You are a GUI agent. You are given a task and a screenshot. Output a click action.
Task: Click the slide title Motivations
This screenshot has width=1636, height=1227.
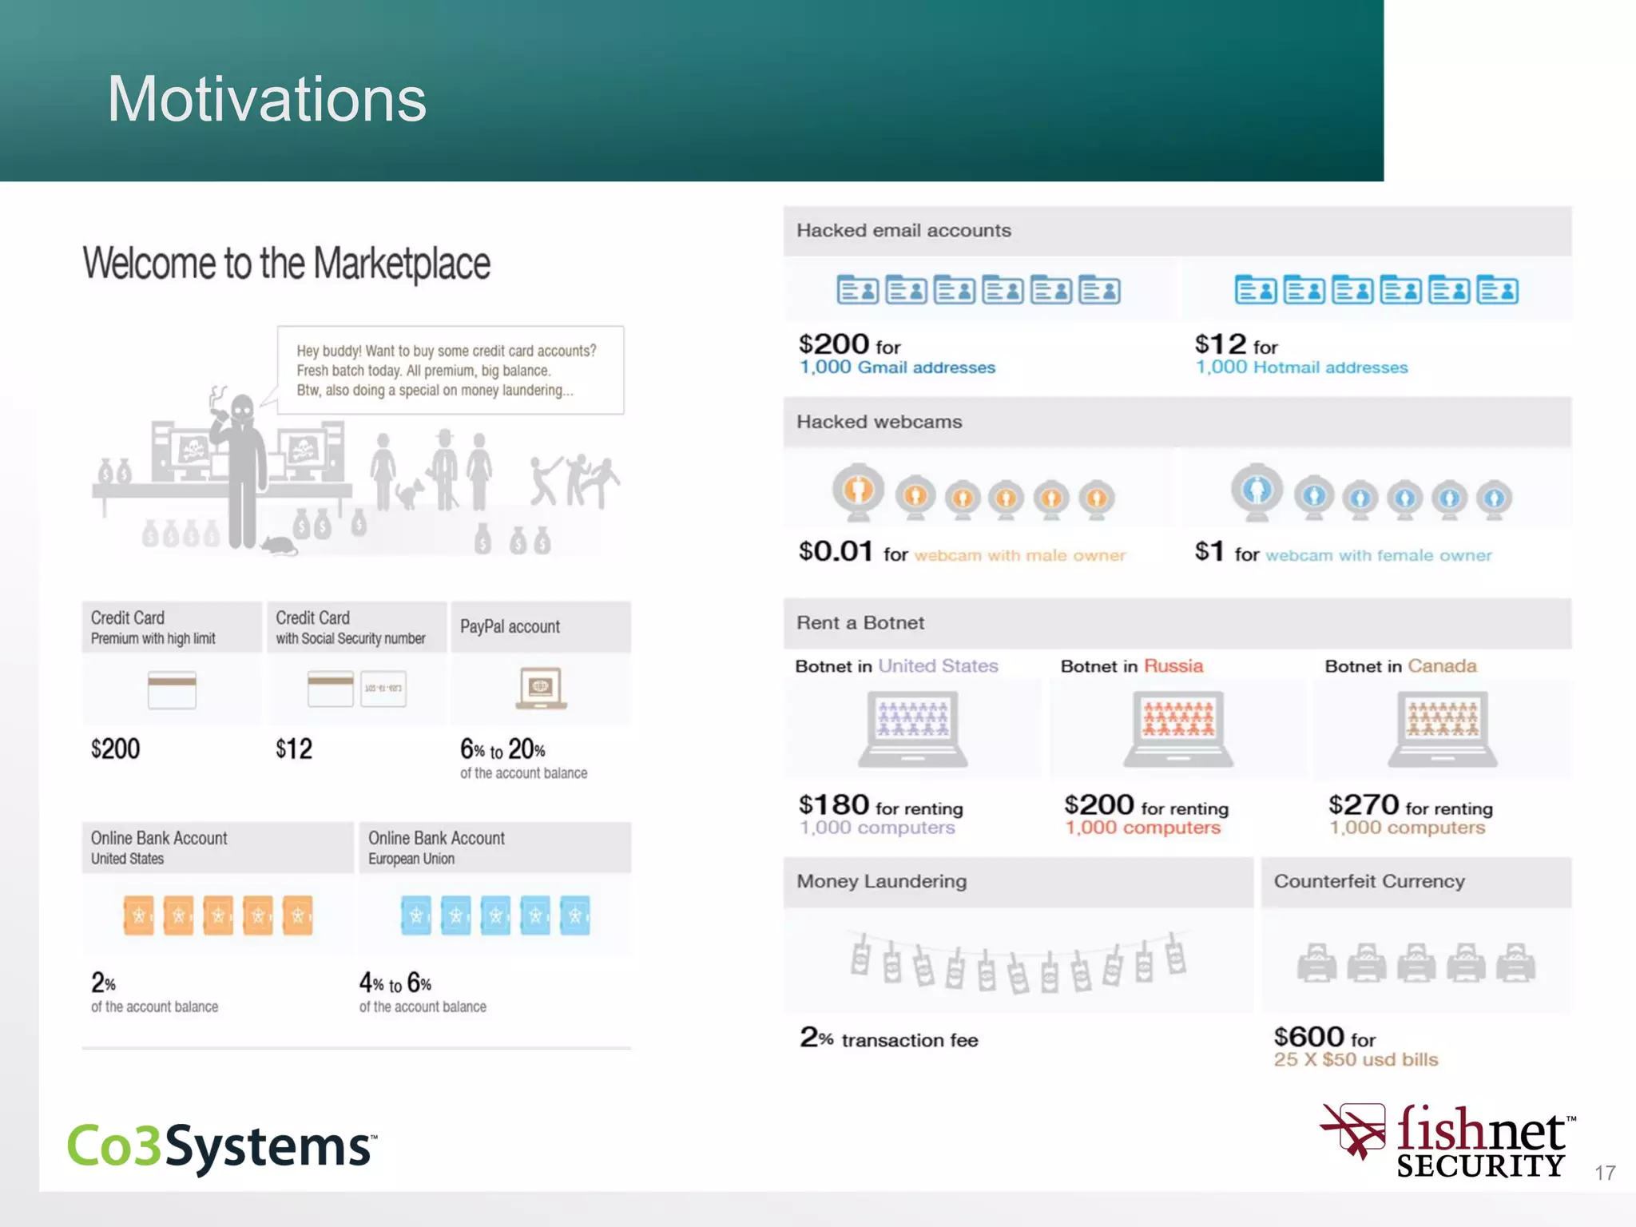tap(267, 99)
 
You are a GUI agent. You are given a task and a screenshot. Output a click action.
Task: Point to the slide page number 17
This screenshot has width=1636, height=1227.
tap(1605, 1173)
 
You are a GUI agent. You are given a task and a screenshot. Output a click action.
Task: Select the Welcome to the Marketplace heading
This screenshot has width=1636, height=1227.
tap(286, 264)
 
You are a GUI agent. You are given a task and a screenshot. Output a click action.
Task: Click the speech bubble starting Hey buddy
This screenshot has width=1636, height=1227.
tap(450, 370)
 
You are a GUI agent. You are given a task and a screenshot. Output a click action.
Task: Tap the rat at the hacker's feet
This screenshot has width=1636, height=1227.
tap(279, 546)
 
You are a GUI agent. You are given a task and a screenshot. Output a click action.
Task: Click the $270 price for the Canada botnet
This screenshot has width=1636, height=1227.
tap(1363, 804)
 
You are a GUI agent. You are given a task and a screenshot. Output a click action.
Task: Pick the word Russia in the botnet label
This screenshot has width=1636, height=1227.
tap(1173, 666)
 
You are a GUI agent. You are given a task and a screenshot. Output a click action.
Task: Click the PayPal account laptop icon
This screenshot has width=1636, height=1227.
tap(541, 688)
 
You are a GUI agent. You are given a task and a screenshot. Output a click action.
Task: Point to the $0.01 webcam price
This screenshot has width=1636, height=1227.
tap(836, 551)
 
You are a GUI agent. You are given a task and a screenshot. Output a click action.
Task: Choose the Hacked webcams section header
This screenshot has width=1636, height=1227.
tap(879, 422)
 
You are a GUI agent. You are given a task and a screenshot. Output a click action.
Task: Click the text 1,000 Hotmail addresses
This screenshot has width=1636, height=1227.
tap(1301, 367)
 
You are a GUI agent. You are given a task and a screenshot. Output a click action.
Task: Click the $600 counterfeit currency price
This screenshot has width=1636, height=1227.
tap(1308, 1037)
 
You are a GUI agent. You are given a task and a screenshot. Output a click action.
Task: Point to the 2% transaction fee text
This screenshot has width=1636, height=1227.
tap(888, 1038)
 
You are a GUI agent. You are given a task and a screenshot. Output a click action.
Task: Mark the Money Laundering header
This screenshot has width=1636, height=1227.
tap(881, 881)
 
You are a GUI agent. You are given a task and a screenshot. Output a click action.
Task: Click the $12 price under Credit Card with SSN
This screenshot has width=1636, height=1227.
tap(294, 749)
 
